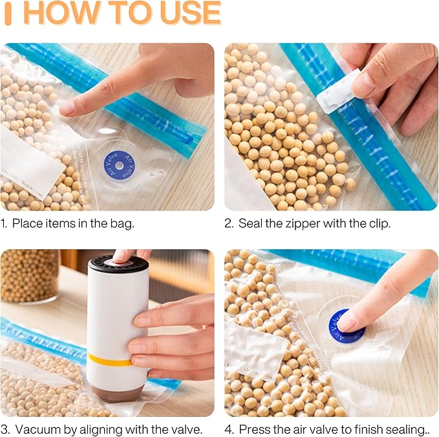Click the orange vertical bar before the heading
tap(7, 13)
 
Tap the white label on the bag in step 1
tap(28, 165)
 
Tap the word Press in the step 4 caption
tap(253, 429)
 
